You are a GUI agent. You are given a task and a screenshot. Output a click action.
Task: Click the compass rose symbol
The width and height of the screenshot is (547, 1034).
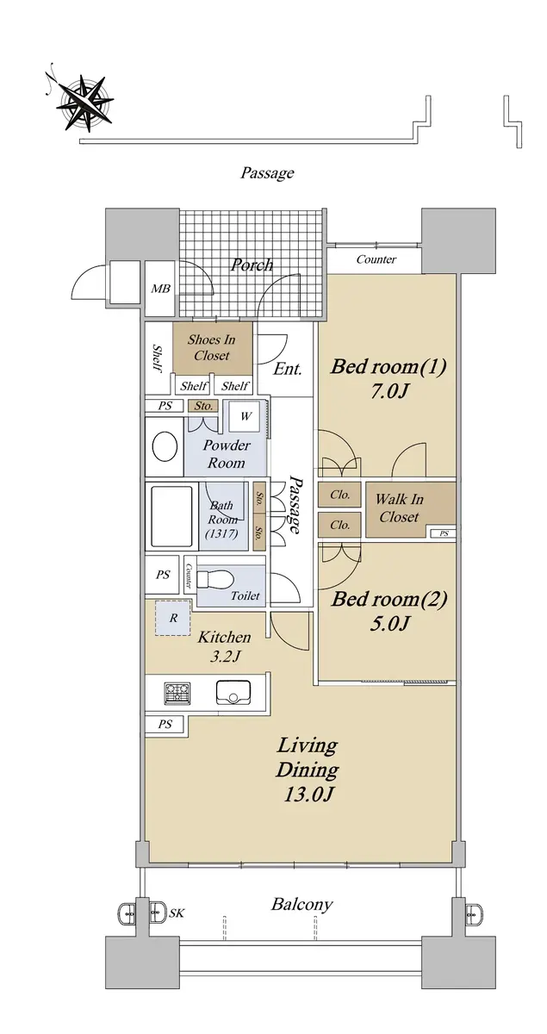coord(84,101)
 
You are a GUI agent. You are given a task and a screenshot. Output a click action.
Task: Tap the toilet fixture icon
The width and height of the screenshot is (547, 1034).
coord(214,578)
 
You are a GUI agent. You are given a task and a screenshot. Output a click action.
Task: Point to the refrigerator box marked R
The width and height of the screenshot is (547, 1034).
coord(172,618)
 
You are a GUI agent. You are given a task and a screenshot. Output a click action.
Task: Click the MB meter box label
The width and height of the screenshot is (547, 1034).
coord(160,289)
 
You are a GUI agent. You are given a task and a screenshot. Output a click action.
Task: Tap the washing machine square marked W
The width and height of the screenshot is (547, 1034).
coord(246,416)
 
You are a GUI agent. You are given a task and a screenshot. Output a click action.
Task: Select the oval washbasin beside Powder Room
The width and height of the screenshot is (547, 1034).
coord(165,447)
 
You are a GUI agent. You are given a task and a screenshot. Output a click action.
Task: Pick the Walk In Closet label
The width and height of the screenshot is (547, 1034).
coord(399,508)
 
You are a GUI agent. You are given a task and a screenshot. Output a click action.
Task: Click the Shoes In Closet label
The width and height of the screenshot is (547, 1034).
coord(211,347)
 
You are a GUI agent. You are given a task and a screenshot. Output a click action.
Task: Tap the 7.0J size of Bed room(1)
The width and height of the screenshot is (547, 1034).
coord(388,391)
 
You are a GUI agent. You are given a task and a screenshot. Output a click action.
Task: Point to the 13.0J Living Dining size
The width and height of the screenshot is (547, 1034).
coord(308,794)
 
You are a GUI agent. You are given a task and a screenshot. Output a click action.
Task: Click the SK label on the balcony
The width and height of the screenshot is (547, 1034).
coord(177,913)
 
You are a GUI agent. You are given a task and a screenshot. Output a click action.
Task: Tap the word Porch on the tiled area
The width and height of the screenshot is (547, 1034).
coord(252,265)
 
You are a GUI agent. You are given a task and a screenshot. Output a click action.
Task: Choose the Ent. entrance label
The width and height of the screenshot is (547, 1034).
coord(287,369)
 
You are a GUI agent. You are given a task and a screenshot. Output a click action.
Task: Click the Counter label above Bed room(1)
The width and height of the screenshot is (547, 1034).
coord(376,259)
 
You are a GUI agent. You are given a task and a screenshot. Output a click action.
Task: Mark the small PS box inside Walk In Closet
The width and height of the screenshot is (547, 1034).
coord(444,533)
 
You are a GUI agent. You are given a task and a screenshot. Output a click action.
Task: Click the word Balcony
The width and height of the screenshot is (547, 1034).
coord(301,904)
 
